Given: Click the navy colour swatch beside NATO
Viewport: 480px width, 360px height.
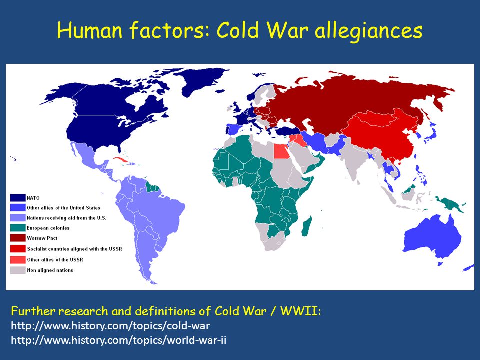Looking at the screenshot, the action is (x=18, y=198).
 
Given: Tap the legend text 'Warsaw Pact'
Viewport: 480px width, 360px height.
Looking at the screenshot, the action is (x=42, y=238).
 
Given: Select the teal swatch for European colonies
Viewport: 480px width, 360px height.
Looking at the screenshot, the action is (x=18, y=228).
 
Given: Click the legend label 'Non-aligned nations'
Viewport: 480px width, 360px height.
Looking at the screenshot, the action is (x=50, y=270).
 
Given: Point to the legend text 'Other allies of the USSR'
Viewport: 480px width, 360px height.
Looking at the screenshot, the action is (x=55, y=260).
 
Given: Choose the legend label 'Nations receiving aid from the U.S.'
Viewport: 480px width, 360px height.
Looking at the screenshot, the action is (x=66, y=218).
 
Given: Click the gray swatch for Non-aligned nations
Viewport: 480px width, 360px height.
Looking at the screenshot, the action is (x=18, y=270).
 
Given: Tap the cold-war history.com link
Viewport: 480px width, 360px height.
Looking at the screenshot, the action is (x=110, y=326).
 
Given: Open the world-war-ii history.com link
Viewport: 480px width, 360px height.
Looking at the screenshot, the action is (x=119, y=340).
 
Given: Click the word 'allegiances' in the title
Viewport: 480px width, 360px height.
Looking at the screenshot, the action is (x=369, y=31).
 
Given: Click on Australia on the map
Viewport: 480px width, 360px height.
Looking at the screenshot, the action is (x=433, y=235).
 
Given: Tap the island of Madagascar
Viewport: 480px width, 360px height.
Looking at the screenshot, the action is (x=306, y=226).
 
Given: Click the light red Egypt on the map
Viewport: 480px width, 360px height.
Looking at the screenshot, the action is (x=281, y=151).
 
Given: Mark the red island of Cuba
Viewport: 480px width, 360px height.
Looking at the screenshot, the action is (x=122, y=160).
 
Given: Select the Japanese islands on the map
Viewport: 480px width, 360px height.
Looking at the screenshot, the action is (x=431, y=132).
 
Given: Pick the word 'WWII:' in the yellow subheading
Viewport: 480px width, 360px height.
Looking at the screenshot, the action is (x=300, y=311).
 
